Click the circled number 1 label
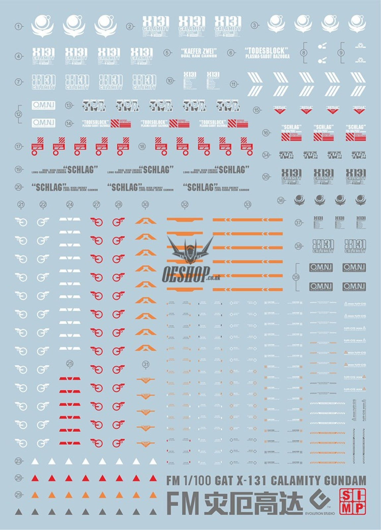tap(19, 26)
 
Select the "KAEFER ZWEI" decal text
tap(199, 51)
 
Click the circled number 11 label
tap(234, 84)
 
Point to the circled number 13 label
tap(69, 105)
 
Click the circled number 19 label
tap(19, 170)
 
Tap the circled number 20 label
tap(19, 187)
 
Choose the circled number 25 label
tap(70, 364)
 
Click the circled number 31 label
tap(146, 364)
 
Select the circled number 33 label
tap(248, 205)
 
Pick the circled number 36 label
tap(281, 200)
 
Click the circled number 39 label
tap(296, 277)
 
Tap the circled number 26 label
tap(19, 478)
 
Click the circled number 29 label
tap(19, 495)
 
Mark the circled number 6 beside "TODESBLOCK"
tap(231, 53)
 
